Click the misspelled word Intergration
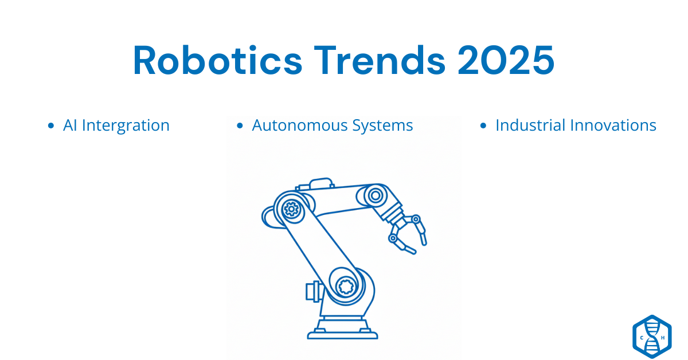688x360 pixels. pos(126,126)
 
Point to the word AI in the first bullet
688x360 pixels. pos(71,126)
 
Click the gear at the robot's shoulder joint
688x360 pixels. pos(291,209)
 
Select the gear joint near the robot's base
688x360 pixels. pos(346,285)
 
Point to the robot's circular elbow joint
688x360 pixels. pos(375,195)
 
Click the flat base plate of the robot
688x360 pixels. pos(343,334)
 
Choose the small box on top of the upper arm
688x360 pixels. pos(320,184)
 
